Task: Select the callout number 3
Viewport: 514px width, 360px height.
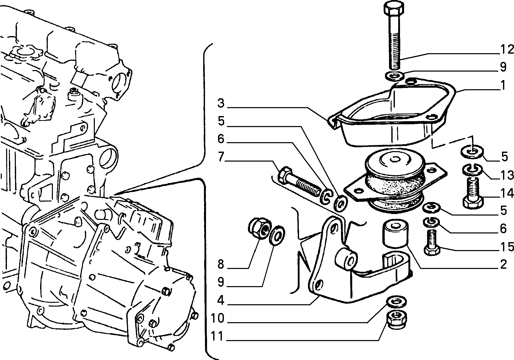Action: coord(221,104)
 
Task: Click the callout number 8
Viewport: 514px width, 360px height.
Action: coord(221,265)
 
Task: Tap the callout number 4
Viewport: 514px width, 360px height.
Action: coord(221,301)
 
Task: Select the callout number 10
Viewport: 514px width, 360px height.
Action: coord(217,319)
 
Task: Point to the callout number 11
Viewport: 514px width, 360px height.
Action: coord(217,337)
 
